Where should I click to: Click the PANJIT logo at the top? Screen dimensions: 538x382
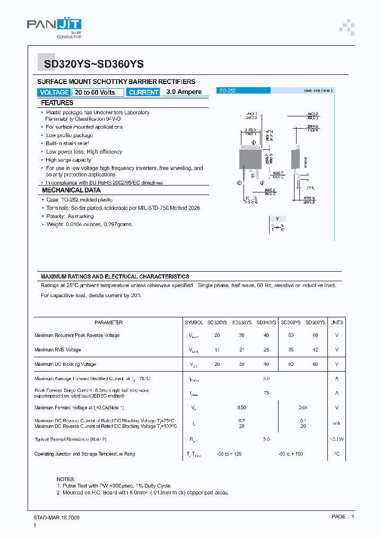[54, 27]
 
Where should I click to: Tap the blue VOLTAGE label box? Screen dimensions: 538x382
[54, 93]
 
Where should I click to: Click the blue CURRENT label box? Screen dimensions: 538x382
[144, 93]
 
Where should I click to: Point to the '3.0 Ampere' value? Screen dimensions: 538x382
[184, 92]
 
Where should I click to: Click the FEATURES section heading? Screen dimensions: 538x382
[57, 103]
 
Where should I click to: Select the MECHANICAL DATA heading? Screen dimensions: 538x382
[71, 190]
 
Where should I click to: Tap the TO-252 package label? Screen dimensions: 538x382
[228, 91]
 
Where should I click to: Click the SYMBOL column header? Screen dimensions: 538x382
[194, 323]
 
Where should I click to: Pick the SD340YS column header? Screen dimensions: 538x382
[266, 323]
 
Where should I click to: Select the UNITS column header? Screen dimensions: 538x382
[336, 323]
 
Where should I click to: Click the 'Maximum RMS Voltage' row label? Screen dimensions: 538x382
[58, 350]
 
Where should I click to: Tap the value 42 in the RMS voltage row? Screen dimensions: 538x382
[316, 350]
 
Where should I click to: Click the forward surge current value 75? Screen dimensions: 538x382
[266, 393]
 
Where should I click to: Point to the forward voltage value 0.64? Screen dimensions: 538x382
[303, 408]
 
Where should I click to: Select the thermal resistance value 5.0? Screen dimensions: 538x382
[266, 440]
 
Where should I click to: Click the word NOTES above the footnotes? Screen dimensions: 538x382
[66, 479]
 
